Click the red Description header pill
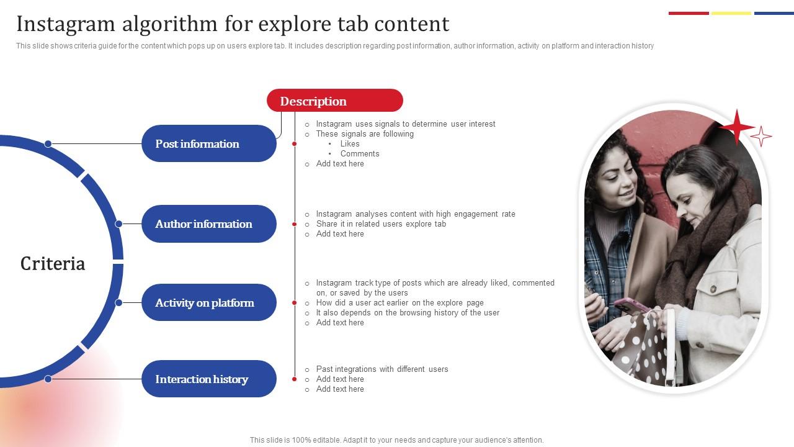[x=334, y=101]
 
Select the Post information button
[x=208, y=143]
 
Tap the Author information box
[x=208, y=224]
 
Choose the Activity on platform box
[x=208, y=303]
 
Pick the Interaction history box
[x=208, y=379]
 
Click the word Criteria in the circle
[x=53, y=264]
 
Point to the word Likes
[x=350, y=144]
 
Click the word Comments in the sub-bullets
[x=360, y=154]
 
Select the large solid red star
[x=737, y=127]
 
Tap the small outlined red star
[x=761, y=136]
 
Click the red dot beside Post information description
[x=295, y=144]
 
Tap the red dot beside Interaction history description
[x=295, y=379]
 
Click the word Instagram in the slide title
[x=66, y=24]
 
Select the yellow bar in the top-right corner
[x=731, y=13]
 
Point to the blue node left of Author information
[x=118, y=224]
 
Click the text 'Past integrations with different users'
[x=382, y=369]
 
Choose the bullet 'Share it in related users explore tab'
[x=381, y=224]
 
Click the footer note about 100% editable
[x=397, y=440]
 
